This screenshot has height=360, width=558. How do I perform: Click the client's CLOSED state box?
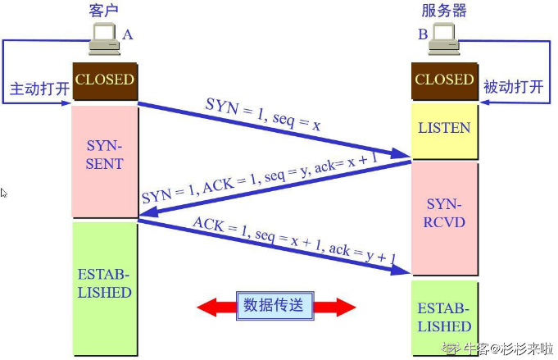coord(104,80)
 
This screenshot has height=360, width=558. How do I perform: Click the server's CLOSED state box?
coord(444,80)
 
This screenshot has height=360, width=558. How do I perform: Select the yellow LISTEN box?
coord(444,129)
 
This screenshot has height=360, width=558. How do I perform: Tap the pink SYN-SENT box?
coord(104,156)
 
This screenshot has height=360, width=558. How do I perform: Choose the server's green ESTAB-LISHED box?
coord(444,317)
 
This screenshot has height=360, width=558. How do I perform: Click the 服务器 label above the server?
coord(444,11)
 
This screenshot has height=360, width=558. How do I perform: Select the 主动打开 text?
coord(39,88)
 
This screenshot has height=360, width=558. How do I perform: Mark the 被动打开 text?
coord(514,87)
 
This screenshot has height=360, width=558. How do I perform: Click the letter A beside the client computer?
coord(127,34)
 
